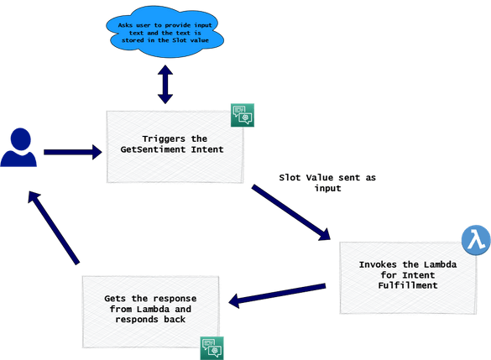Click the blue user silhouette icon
click(x=18, y=148)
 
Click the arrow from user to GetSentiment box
click(x=71, y=153)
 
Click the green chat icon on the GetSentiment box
click(x=243, y=114)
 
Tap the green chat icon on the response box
click(x=212, y=347)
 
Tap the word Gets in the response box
click(x=116, y=300)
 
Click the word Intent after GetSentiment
click(x=206, y=149)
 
